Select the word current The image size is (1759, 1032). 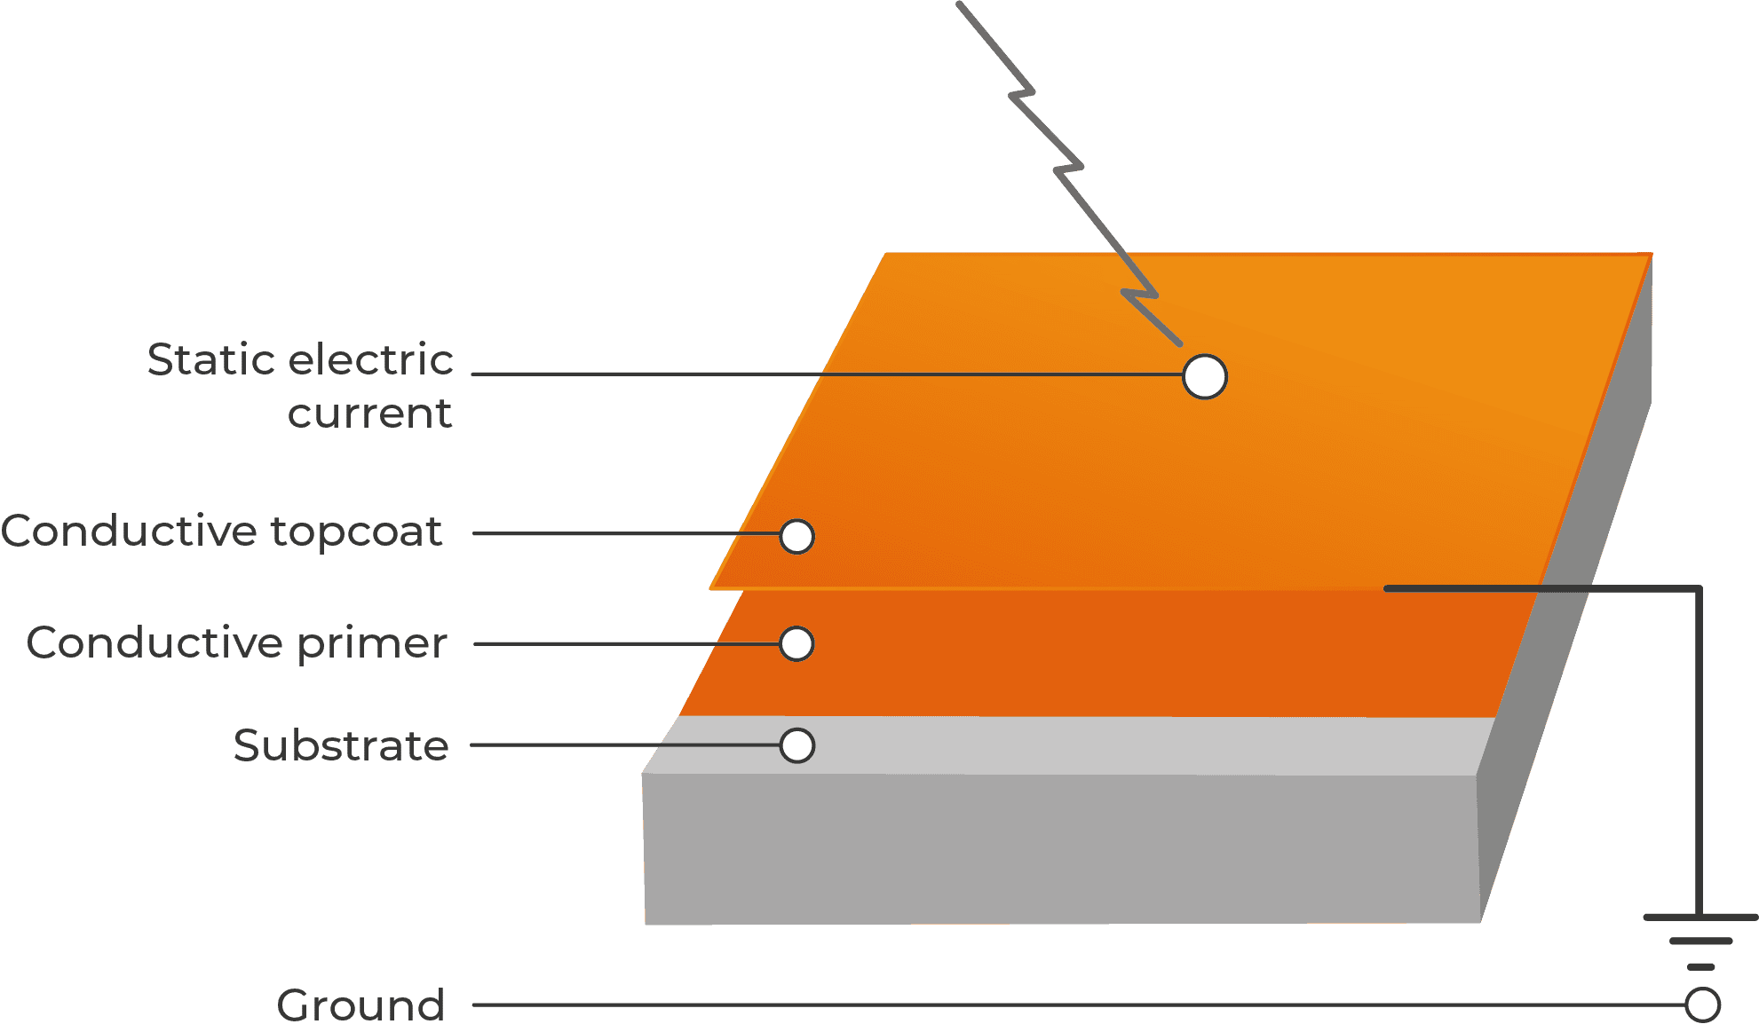[x=370, y=414]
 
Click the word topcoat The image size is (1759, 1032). [x=356, y=532]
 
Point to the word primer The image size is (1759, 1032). [x=372, y=643]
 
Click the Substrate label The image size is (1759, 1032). [x=341, y=745]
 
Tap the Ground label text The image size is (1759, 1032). [x=361, y=1005]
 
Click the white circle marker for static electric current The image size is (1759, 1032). [x=1205, y=376]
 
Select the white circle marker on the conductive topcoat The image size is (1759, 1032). [x=797, y=537]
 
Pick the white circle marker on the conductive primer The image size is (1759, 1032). [x=796, y=644]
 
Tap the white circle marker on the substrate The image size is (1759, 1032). [x=797, y=746]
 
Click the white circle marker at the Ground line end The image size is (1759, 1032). [x=1703, y=1005]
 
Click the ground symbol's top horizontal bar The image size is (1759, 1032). [x=1700, y=918]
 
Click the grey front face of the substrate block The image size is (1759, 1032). [x=1061, y=848]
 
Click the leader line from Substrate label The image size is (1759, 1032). [x=625, y=745]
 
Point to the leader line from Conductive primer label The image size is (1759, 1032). [x=627, y=644]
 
